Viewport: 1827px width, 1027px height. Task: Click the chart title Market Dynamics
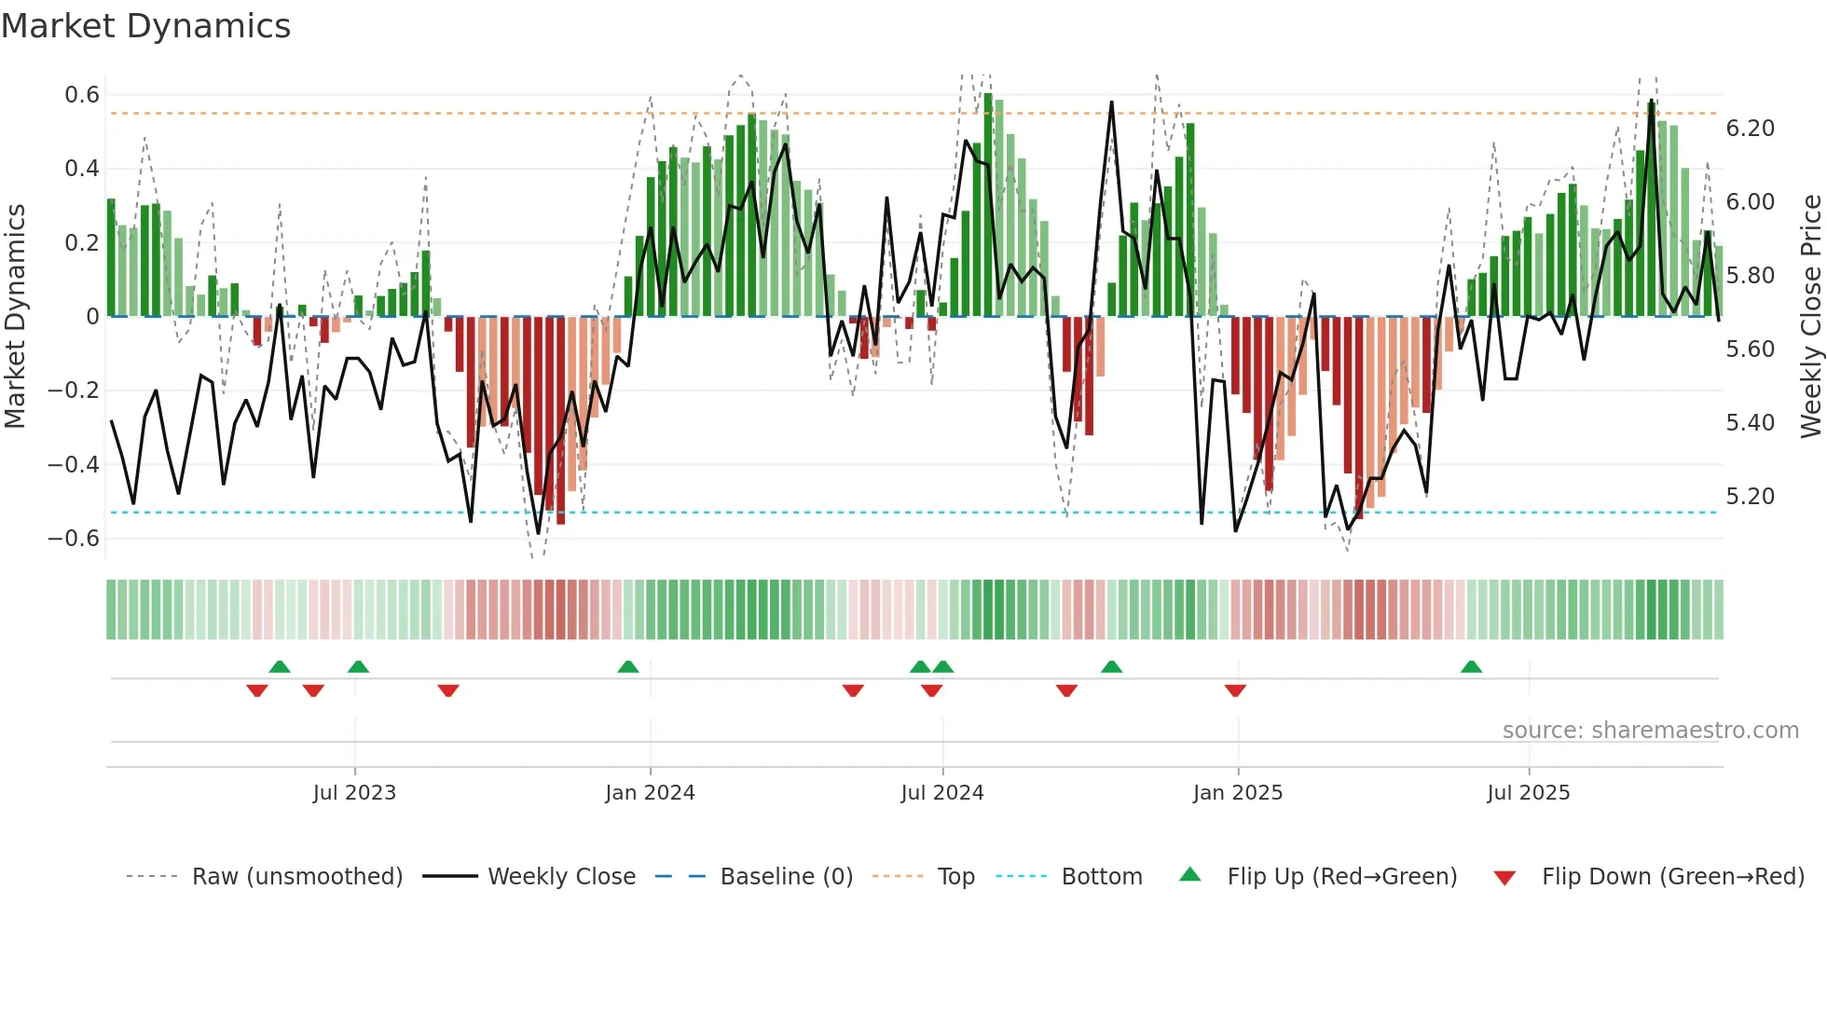pyautogui.click(x=145, y=26)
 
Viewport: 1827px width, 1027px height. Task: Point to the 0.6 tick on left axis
pyautogui.click(x=82, y=95)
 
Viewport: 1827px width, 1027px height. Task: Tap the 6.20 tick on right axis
pyautogui.click(x=1750, y=129)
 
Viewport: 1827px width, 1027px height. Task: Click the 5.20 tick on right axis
pyautogui.click(x=1750, y=497)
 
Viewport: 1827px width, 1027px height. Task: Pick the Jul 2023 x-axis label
pyautogui.click(x=354, y=793)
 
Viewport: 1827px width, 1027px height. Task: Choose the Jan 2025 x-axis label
pyautogui.click(x=1237, y=793)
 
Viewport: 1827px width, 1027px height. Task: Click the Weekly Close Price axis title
pyautogui.click(x=1810, y=316)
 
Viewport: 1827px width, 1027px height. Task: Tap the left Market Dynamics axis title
pyautogui.click(x=15, y=316)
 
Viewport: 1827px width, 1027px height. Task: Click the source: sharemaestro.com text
pyautogui.click(x=1650, y=731)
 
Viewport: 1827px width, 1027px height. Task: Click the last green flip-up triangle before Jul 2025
pyautogui.click(x=1471, y=666)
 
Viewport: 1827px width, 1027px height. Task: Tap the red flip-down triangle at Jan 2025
pyautogui.click(x=1235, y=691)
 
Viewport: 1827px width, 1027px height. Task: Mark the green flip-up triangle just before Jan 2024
pyautogui.click(x=628, y=666)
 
